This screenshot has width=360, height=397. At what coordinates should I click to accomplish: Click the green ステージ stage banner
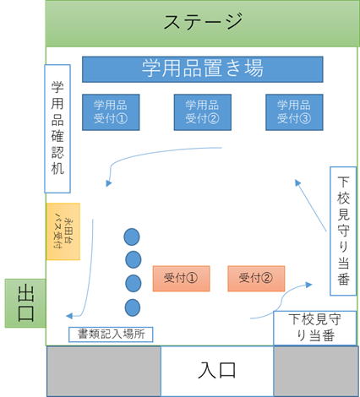203,24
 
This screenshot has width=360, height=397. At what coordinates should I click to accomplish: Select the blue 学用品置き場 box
203,69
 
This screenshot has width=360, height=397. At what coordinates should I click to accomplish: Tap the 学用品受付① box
111,112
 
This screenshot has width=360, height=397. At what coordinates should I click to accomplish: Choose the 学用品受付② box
203,112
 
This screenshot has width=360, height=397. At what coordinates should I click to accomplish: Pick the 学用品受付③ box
294,112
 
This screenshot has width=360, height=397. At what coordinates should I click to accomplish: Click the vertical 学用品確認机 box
57,128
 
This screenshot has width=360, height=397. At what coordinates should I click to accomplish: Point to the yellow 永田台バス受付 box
63,231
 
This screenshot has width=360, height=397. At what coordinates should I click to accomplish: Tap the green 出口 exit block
25,303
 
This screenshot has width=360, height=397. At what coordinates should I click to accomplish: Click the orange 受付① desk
181,278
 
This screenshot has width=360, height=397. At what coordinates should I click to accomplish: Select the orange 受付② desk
256,278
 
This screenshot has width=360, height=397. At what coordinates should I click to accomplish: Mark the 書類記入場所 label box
111,334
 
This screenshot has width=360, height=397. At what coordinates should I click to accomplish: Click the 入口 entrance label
217,371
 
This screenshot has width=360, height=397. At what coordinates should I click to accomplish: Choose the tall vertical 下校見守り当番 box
343,231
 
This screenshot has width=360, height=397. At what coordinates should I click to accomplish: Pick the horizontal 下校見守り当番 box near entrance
315,328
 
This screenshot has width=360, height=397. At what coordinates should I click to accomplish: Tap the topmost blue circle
132,237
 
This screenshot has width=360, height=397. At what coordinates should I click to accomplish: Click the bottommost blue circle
133,307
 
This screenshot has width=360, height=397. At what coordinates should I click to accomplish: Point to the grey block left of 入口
104,371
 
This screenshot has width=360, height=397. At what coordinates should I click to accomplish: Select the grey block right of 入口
316,371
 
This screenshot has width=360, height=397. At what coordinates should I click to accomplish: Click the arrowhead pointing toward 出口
69,316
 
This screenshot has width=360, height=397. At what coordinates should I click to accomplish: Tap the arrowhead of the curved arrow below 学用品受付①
108,183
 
